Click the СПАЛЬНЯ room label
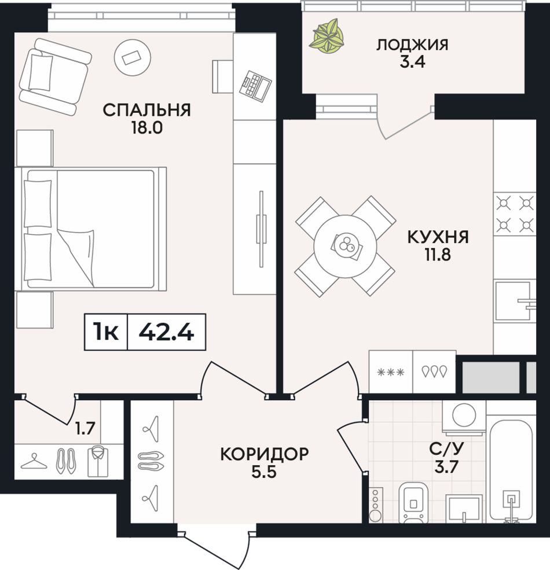tap(146, 110)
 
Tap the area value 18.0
tap(147, 128)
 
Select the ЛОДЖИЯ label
tap(412, 45)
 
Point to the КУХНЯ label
tap(438, 237)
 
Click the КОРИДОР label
tap(265, 454)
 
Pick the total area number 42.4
tap(167, 332)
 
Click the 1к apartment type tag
tap(106, 332)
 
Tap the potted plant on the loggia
tap(327, 36)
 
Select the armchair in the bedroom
tap(54, 77)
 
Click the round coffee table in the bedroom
tap(132, 57)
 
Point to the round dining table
tap(346, 246)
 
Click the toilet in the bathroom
tap(414, 503)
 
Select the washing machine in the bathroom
tap(464, 417)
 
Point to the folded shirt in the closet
tap(98, 461)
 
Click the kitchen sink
tap(514, 301)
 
